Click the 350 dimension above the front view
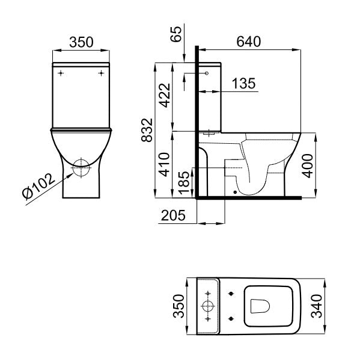[x=81, y=42]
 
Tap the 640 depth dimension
[x=248, y=42]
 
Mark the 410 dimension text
[x=163, y=164]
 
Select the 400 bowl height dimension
[x=308, y=164]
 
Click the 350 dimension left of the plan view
[x=177, y=307]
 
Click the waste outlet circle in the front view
[x=81, y=167]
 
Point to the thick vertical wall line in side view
[x=197, y=120]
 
